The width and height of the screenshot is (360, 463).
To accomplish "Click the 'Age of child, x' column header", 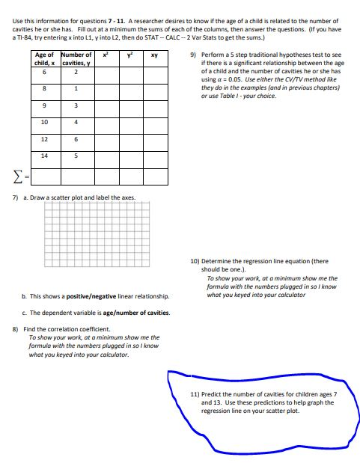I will click(x=44, y=58).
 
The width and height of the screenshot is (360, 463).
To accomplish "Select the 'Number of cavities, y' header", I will click(x=76, y=58).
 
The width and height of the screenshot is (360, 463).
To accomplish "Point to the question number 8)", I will click(x=16, y=329).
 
